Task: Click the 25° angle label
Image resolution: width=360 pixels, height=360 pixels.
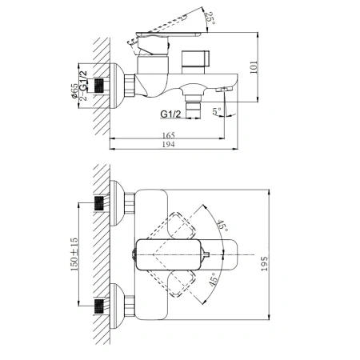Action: pos(210,18)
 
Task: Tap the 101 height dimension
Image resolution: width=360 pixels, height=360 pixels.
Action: pos(254,67)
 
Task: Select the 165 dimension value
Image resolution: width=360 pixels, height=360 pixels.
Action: pos(169,135)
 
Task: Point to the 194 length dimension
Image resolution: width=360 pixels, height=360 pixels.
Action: pos(169,144)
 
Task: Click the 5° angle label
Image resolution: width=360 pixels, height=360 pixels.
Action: pos(217,111)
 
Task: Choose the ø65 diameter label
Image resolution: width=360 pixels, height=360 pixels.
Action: pos(75,91)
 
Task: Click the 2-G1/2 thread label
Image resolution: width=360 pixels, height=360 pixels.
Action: pos(83,86)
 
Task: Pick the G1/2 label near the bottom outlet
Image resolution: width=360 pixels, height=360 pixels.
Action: pos(170,114)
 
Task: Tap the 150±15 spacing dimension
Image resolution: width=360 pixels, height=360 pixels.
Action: pos(74,254)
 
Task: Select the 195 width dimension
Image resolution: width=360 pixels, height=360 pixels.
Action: pos(264,264)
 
